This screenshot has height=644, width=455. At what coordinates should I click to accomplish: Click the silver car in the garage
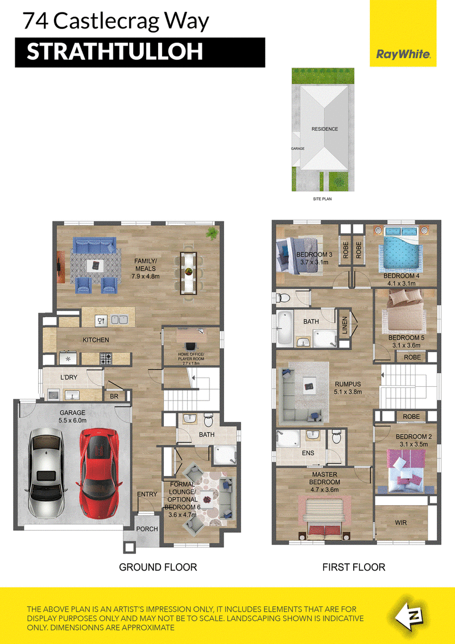click(x=46, y=473)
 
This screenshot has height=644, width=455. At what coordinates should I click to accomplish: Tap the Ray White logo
click(x=403, y=54)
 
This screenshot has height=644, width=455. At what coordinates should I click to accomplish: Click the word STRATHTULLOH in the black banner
click(x=114, y=52)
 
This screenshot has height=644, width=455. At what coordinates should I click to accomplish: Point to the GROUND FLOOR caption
click(x=158, y=567)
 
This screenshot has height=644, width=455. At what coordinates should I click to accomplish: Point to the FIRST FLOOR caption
click(x=354, y=567)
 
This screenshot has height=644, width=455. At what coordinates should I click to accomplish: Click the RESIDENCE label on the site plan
click(x=324, y=129)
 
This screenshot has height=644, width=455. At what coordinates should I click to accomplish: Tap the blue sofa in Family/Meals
click(x=94, y=246)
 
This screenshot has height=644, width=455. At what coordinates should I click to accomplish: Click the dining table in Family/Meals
click(x=189, y=273)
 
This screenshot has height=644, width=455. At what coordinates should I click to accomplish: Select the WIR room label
click(x=401, y=522)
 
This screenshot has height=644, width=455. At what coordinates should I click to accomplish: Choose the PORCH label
click(x=147, y=529)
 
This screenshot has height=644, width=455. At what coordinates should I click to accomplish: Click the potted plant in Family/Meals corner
click(x=212, y=233)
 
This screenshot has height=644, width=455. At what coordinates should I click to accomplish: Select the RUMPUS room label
click(x=348, y=385)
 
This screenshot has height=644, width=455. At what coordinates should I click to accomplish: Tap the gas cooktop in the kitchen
click(x=106, y=359)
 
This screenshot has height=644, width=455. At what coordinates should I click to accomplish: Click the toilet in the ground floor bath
click(x=208, y=420)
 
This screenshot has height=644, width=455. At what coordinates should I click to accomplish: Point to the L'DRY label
click(x=69, y=377)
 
